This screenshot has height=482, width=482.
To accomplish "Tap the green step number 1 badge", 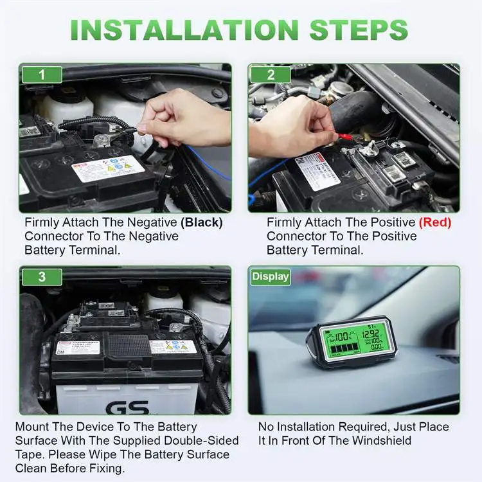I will click(42, 75).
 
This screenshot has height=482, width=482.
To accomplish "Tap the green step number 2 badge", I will click(271, 75).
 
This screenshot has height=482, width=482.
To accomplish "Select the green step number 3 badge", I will click(42, 277).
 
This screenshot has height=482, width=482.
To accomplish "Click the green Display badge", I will click(270, 277).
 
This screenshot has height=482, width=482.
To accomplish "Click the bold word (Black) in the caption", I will click(201, 222).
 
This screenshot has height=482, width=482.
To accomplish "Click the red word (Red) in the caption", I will click(434, 222).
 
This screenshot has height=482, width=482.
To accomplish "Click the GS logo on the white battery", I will click(127, 407).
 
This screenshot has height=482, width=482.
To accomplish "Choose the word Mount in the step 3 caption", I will click(32, 427).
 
